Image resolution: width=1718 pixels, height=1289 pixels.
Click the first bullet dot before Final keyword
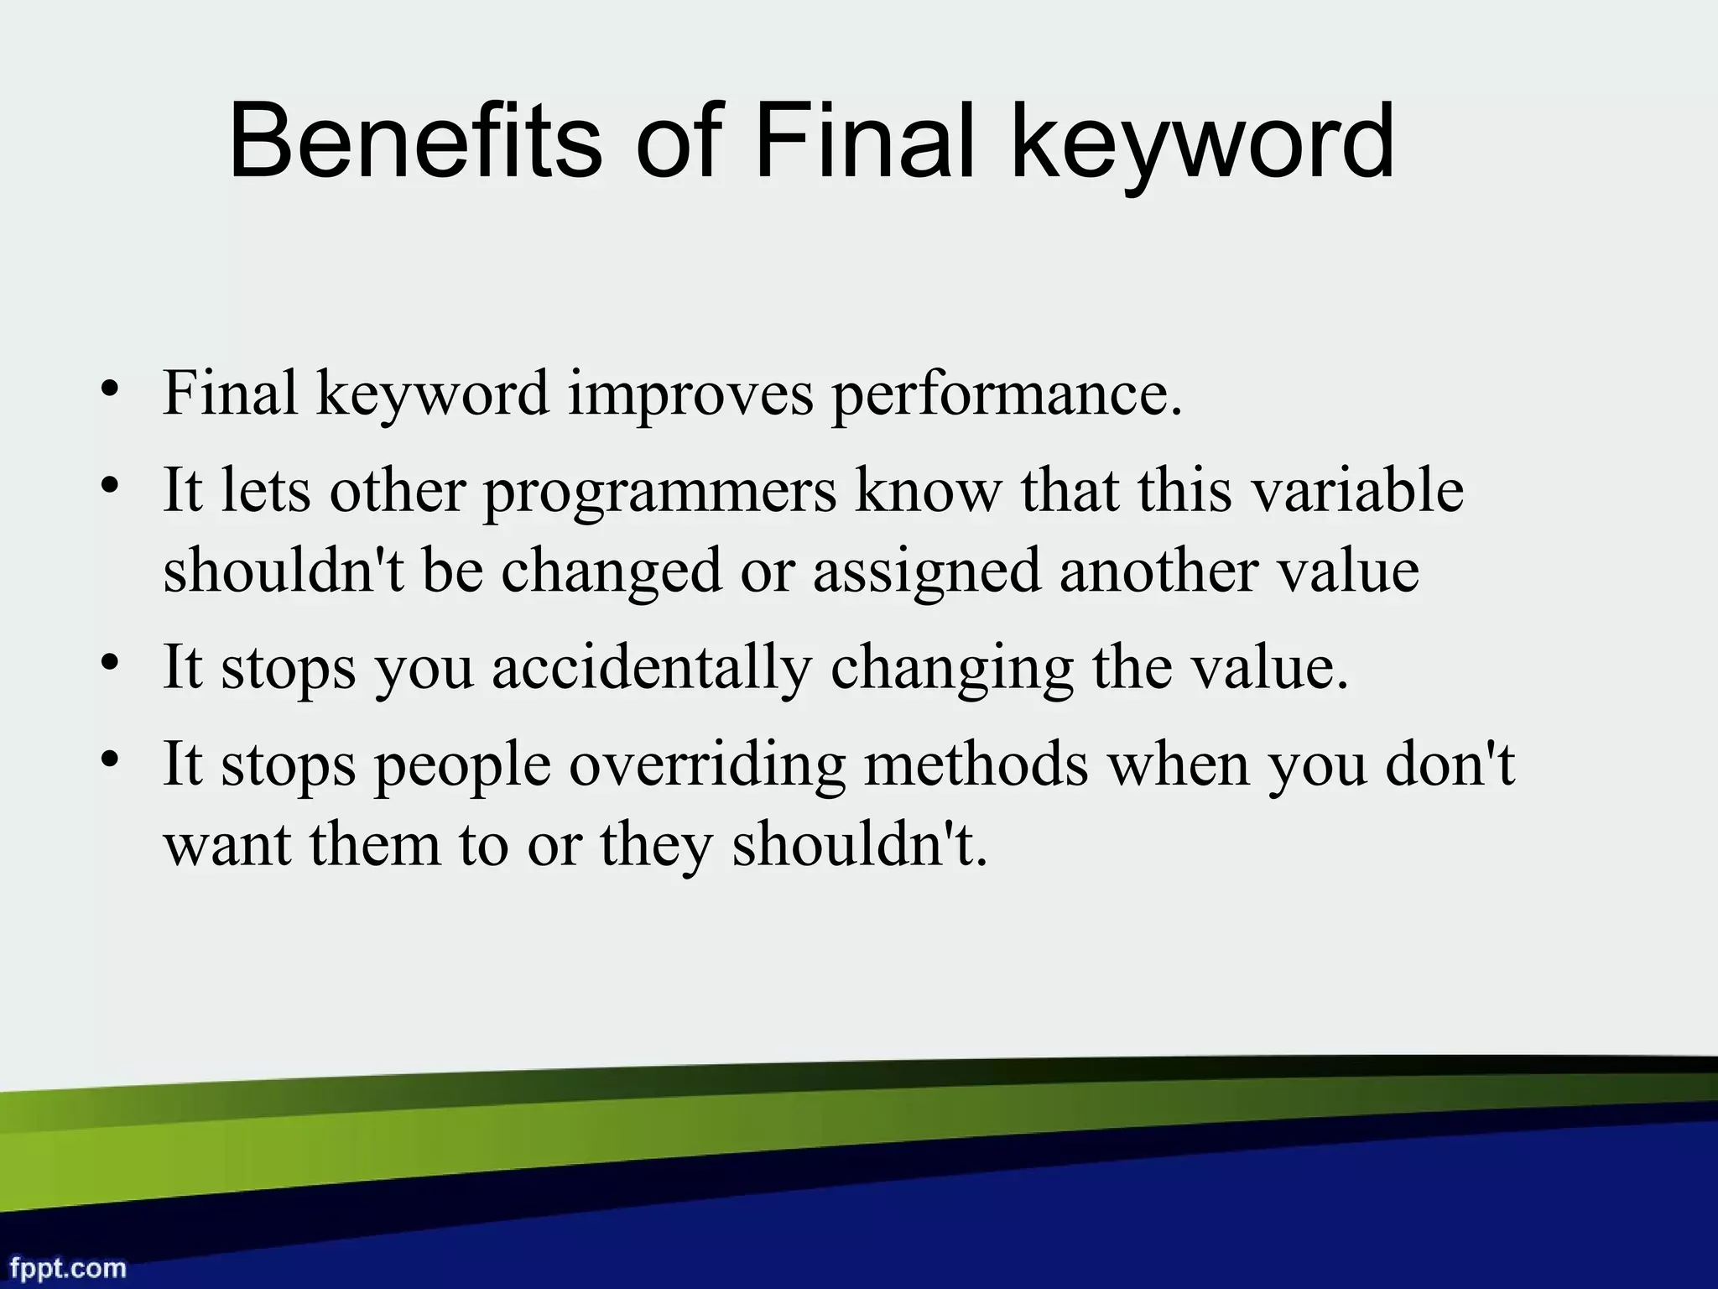pyautogui.click(x=108, y=389)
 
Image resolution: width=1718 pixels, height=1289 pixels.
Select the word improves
pyautogui.click(x=690, y=394)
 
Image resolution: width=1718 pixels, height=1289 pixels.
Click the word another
pyautogui.click(x=1158, y=571)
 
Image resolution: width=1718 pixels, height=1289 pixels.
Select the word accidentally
pyautogui.click(x=652, y=669)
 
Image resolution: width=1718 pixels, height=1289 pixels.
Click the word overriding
pyautogui.click(x=706, y=766)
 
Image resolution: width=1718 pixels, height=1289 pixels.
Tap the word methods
pyautogui.click(x=976, y=765)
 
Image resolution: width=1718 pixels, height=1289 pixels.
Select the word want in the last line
pyautogui.click(x=227, y=846)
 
